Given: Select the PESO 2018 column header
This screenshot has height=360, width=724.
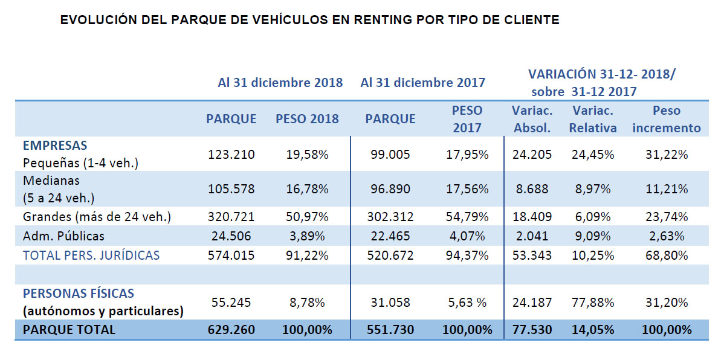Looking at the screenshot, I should (x=307, y=119).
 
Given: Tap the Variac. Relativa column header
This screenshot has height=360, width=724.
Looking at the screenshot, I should (x=593, y=119).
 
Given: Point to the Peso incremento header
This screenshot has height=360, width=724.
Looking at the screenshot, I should (x=667, y=119).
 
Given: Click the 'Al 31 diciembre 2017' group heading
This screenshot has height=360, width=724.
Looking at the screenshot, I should (x=422, y=82).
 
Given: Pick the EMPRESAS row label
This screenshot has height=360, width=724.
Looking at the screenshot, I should (x=55, y=146).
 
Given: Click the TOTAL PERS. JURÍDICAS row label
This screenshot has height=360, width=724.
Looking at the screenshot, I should (x=91, y=255).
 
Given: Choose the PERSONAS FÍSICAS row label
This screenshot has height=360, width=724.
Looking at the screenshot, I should (x=79, y=294).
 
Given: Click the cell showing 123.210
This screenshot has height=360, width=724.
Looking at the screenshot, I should (x=231, y=155).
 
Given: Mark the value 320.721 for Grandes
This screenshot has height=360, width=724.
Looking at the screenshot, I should (x=231, y=216).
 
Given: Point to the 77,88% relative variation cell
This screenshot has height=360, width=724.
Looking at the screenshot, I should (x=593, y=302).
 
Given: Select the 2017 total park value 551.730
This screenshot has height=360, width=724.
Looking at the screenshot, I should (x=390, y=330).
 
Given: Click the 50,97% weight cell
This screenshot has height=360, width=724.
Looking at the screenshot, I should (x=307, y=216).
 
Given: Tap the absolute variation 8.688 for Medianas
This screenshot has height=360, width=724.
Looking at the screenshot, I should (x=532, y=189).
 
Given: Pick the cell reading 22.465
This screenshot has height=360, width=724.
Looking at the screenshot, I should (x=390, y=236).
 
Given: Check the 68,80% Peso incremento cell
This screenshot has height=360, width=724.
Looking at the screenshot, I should (x=667, y=255).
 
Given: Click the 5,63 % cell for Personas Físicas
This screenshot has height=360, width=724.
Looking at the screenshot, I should (x=465, y=302).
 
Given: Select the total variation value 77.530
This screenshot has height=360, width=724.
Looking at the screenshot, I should (x=532, y=330).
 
